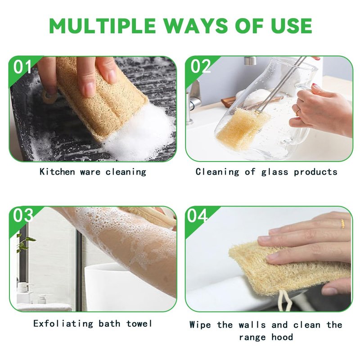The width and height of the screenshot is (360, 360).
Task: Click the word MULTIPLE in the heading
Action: coord(103,26)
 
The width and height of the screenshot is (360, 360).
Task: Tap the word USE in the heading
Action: coord(292,26)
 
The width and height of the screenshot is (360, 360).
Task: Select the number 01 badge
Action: coord(22,67)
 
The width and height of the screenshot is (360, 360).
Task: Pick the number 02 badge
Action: coord(200,66)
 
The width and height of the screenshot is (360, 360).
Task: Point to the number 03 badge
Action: coord(23,216)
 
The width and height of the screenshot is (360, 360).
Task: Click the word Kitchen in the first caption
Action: coord(57,171)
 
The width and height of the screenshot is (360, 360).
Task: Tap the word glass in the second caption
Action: coord(274,172)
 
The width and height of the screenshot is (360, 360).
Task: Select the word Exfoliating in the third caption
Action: coord(63,324)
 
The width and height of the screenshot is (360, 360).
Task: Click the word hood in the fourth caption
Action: coord(282,337)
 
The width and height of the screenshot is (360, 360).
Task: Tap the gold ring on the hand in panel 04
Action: coord(342,223)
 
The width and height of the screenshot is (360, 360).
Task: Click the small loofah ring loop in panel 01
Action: coord(49,97)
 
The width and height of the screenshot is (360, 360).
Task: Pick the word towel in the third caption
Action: coord(139,324)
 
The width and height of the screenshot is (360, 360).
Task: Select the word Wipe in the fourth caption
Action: coord(200,325)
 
